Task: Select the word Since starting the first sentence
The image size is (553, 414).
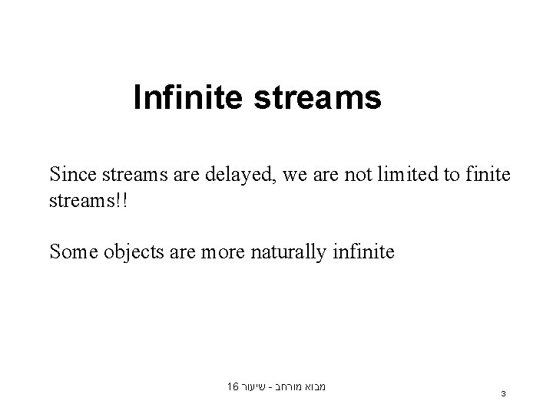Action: click(x=73, y=175)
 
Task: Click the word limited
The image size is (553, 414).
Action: click(x=412, y=176)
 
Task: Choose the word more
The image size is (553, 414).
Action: click(x=220, y=251)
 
